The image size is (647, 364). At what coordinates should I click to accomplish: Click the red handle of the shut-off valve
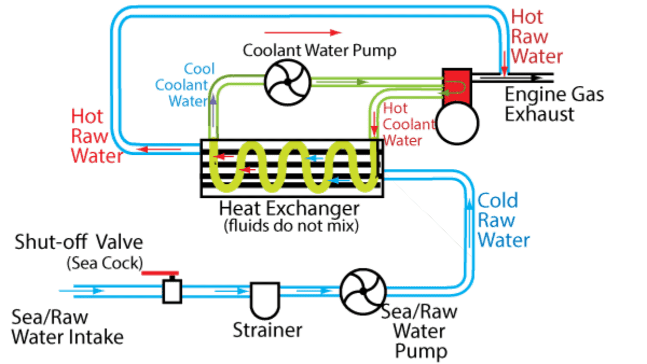pos(160,273)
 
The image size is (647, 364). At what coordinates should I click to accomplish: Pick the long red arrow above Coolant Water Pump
pos(303,32)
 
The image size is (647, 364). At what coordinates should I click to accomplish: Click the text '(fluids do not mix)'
pos(291,224)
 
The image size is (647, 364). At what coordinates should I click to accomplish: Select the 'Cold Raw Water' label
pos(503,219)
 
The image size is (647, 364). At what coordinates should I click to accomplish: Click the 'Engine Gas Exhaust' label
pos(554,104)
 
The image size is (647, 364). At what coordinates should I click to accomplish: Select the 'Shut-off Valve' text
pos(79,242)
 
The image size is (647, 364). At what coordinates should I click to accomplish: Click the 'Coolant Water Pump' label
pos(319,51)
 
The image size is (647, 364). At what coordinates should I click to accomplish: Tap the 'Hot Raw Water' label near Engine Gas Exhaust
pos(537,36)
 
